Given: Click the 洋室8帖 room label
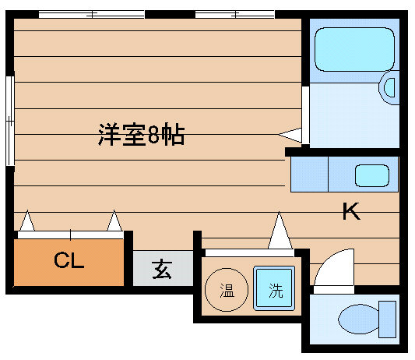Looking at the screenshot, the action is [141, 134].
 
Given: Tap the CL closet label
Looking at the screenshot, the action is [69, 259].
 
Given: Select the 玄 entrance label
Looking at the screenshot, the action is [162, 269].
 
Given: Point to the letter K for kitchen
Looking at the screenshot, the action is [351, 211].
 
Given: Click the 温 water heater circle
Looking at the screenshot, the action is [227, 290].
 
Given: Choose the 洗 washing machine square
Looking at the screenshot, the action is [274, 288].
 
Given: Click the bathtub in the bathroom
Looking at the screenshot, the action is [354, 50].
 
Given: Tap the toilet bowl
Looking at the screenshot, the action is [359, 319].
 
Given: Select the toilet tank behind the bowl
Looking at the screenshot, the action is [387, 319].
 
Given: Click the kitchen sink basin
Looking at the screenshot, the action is [372, 175].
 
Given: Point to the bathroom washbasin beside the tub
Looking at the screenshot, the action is [389, 88].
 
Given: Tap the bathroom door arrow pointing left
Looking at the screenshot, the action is [290, 135].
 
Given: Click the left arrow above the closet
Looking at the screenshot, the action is [27, 221].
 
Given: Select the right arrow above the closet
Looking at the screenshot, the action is [114, 221].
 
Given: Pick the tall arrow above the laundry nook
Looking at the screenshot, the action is [280, 231].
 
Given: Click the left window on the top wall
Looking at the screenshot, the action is [92, 14].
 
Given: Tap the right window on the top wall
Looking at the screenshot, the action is [235, 14].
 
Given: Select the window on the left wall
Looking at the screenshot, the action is [10, 121].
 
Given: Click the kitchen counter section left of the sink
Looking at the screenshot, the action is [309, 174].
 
